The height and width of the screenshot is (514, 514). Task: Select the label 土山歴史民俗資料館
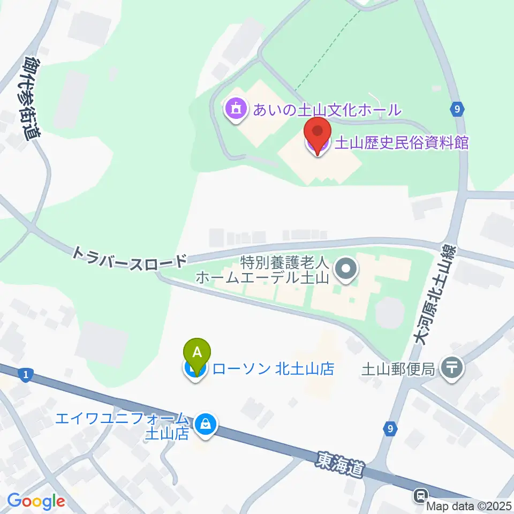(402, 143)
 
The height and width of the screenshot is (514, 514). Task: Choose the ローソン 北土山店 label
(274, 369)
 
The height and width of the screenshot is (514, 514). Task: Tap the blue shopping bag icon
(205, 424)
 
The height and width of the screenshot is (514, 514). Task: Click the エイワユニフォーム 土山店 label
(123, 425)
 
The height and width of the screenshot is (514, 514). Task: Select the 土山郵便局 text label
(399, 369)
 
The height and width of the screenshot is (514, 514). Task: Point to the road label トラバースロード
(131, 257)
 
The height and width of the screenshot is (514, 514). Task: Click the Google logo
(36, 501)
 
